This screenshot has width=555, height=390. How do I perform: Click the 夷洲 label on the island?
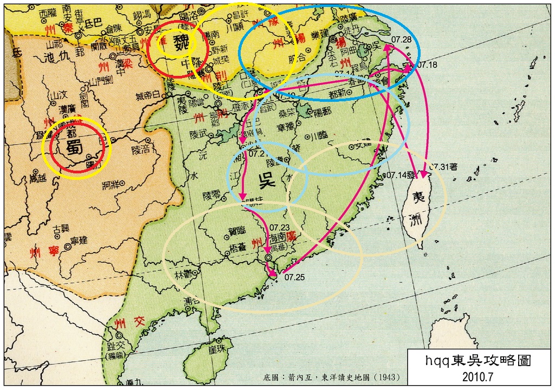(x=418, y=208)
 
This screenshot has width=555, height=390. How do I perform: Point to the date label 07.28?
(x=401, y=40)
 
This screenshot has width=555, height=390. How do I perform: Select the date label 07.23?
(x=279, y=227)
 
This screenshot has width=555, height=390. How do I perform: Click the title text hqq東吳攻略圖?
(x=477, y=360)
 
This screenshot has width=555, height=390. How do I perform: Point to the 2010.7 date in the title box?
(x=477, y=375)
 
